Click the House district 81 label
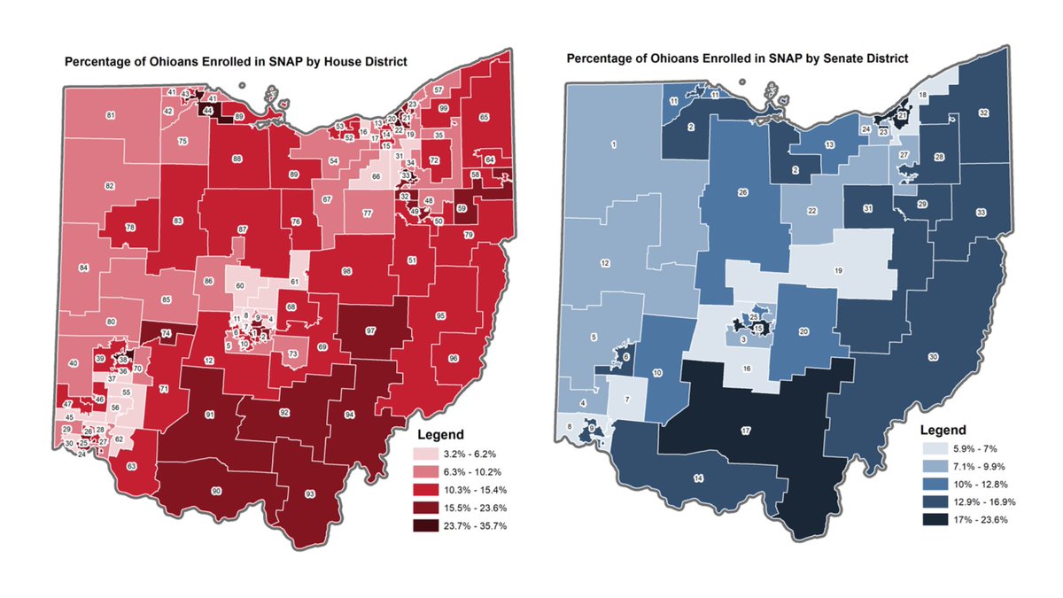pos(111,116)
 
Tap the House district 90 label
pos(215,490)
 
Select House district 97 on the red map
pos(371,330)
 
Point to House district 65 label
pos(484,117)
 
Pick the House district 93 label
pos(309,493)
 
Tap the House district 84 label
pos(84,268)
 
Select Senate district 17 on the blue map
pos(746,431)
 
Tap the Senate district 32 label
pos(983,113)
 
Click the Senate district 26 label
pos(742,192)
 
